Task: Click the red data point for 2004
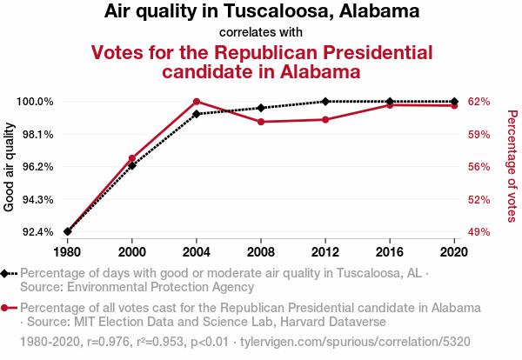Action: [x=197, y=102]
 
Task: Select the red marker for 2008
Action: [x=261, y=122]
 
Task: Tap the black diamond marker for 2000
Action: [x=132, y=164]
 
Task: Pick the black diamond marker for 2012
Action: [x=325, y=102]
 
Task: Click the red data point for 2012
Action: [x=325, y=119]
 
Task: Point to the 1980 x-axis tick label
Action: [x=67, y=251]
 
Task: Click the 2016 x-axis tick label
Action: [x=390, y=251]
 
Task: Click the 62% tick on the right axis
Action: [x=479, y=102]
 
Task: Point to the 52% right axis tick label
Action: [x=479, y=200]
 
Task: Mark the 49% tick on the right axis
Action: [x=479, y=232]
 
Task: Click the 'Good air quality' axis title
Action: [x=10, y=167]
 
